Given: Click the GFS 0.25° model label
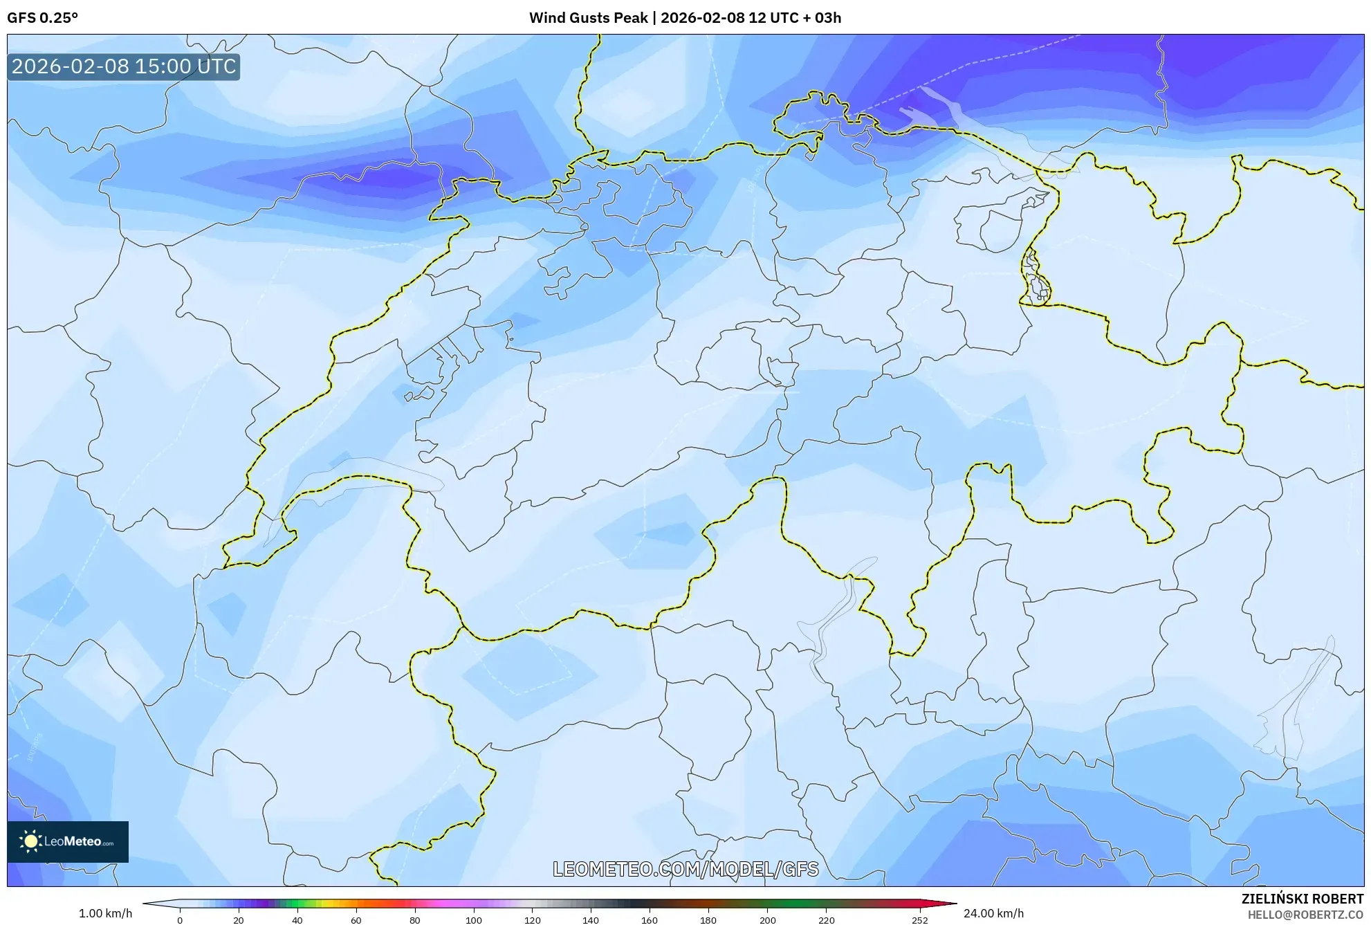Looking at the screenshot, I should [x=42, y=18].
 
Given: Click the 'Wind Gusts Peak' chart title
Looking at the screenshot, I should [x=588, y=18].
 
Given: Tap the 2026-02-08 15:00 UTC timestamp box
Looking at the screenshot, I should [x=124, y=66].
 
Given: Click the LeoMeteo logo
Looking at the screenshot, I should [x=68, y=841].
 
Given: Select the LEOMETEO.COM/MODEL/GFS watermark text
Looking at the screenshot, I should [x=685, y=869].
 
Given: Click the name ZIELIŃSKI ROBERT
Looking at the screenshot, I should [x=1302, y=899].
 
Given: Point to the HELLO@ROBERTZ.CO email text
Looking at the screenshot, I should [x=1305, y=915].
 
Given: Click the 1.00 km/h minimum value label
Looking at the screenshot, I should [x=105, y=913].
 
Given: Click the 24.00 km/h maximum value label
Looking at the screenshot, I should [x=993, y=913].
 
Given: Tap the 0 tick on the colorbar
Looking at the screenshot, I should [x=180, y=920].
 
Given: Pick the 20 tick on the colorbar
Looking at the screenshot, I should [x=239, y=920].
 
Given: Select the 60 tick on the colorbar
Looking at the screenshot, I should [x=356, y=920].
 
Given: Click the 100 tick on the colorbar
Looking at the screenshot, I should [x=473, y=920].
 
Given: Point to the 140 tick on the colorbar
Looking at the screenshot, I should [x=590, y=920].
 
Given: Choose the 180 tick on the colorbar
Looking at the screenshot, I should [x=708, y=920].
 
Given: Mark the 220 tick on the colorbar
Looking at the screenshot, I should [x=826, y=920].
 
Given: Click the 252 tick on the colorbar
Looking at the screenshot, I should [x=919, y=920].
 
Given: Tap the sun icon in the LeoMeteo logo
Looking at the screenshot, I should [x=30, y=841].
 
